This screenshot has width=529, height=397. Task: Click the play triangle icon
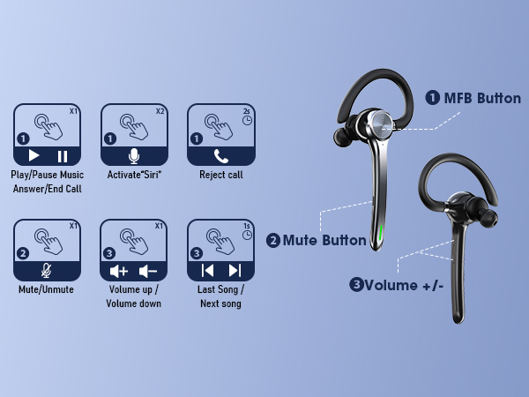pyautogui.click(x=34, y=156)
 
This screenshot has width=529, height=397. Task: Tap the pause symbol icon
pyautogui.click(x=62, y=156)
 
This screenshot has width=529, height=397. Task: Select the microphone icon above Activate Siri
pyautogui.click(x=134, y=156)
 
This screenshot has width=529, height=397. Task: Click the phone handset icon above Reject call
pyautogui.click(x=220, y=156)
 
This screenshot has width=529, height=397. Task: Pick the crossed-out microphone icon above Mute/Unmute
pyautogui.click(x=47, y=271)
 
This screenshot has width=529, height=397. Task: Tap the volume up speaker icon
pyautogui.click(x=119, y=271)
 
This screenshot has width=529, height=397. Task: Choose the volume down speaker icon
pyautogui.click(x=148, y=271)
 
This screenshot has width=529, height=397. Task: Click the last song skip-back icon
pyautogui.click(x=207, y=271)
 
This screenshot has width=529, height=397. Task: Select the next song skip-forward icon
pyautogui.click(x=235, y=271)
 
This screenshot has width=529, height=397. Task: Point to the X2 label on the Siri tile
pyautogui.click(x=160, y=111)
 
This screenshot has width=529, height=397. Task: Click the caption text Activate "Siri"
pyautogui.click(x=134, y=175)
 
